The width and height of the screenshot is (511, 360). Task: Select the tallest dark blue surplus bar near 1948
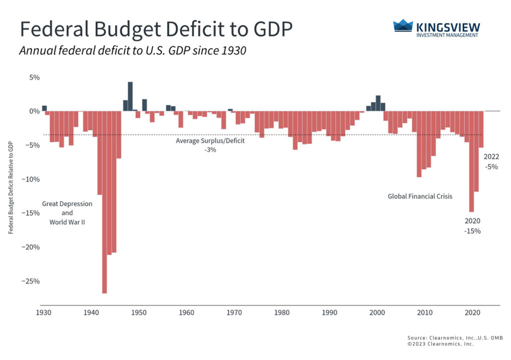[130, 96]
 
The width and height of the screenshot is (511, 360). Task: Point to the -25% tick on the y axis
[31, 281]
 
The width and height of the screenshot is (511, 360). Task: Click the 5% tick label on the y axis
[34, 77]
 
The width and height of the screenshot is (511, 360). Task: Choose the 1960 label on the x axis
[187, 313]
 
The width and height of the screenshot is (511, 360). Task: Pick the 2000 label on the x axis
[377, 313]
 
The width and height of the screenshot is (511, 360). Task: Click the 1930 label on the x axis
[43, 313]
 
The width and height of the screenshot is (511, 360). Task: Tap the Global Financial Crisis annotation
[420, 196]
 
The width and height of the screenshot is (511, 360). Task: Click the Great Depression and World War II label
[67, 213]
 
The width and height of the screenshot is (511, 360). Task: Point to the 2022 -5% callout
[491, 162]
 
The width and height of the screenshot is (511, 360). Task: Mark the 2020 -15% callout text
[472, 226]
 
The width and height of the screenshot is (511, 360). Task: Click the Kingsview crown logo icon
[403, 26]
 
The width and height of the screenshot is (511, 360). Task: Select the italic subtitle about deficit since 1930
[133, 51]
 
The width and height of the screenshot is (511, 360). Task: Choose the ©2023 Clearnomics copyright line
[440, 344]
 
